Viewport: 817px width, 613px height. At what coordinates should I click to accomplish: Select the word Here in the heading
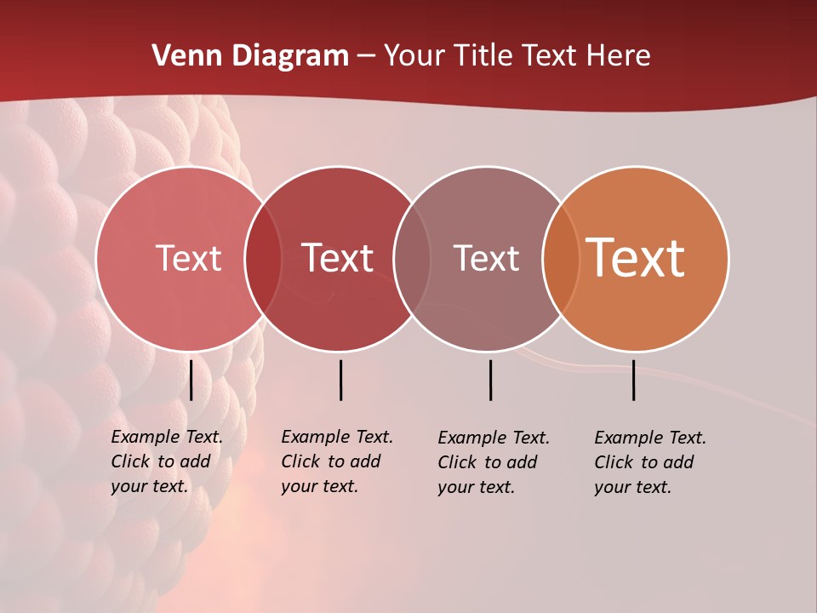point(618,56)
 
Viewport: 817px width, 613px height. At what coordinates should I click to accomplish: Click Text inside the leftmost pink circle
point(188,258)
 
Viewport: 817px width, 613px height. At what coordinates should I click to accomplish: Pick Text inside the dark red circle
point(338,258)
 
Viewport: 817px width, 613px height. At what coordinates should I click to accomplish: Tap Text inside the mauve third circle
point(486,258)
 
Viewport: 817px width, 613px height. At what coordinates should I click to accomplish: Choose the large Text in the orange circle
point(636,257)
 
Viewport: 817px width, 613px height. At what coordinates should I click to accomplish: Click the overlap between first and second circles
point(263,258)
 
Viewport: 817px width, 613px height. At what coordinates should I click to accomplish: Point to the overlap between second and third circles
point(412,258)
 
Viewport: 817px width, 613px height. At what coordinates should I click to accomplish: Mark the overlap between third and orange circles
point(561,258)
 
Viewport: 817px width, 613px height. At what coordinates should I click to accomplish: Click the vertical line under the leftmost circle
point(191,380)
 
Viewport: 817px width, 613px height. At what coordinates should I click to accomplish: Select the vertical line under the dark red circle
point(340,380)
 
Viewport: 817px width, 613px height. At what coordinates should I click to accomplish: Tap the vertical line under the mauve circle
point(490,380)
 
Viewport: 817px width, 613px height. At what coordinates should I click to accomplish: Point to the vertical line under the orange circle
point(634,380)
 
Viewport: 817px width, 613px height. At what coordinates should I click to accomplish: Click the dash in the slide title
point(366,57)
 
